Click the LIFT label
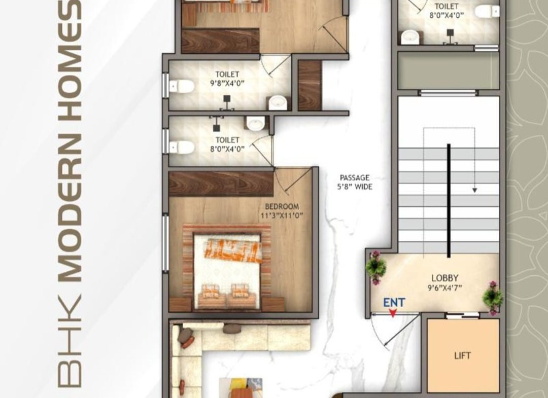pos(462,356)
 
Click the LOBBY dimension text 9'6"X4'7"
pos(444,288)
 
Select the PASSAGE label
pos(354,177)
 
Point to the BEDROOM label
pos(282,206)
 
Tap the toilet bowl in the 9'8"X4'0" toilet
pos(181,86)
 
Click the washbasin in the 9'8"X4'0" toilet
pos(279,102)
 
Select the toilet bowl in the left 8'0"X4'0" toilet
pos(181,147)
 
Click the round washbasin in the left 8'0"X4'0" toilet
pos(256,123)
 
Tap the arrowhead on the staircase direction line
pos(474,190)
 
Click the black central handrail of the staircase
pos(449,201)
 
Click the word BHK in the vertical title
pos(70,341)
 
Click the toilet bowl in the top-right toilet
pos(487,11)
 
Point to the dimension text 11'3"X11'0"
pos(282,215)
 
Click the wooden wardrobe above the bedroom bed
pos(221,184)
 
